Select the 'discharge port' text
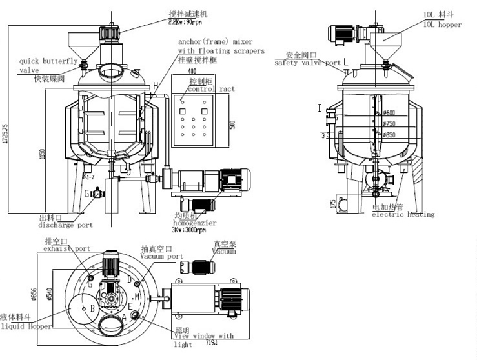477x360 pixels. tap(66, 225)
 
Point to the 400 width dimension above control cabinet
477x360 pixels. tap(191, 70)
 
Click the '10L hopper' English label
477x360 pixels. tap(442, 25)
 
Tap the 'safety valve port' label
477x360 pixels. tap(307, 63)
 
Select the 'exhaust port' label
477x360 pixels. tap(66, 248)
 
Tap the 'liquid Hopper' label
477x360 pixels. tap(26, 326)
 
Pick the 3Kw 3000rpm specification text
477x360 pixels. tap(188, 230)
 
